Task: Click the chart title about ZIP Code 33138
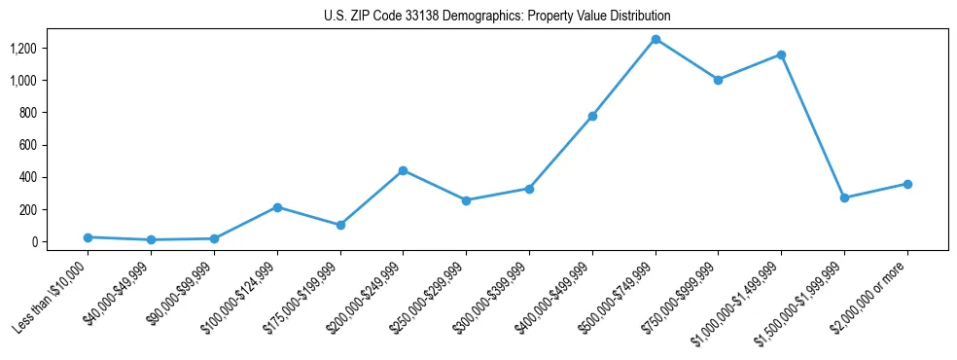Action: pyautogui.click(x=497, y=17)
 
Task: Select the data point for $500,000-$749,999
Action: pyautogui.click(x=656, y=39)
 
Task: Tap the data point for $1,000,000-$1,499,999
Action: pyautogui.click(x=781, y=54)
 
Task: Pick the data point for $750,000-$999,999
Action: pyautogui.click(x=718, y=80)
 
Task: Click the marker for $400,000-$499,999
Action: pyautogui.click(x=592, y=116)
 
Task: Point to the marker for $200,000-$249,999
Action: pyautogui.click(x=404, y=170)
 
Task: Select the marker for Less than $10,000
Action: pyautogui.click(x=89, y=237)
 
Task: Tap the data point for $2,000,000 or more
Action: pyautogui.click(x=906, y=184)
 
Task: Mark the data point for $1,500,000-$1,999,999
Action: pyautogui.click(x=844, y=198)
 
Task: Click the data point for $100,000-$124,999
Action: pyautogui.click(x=277, y=207)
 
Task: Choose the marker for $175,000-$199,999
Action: pyautogui.click(x=340, y=225)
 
